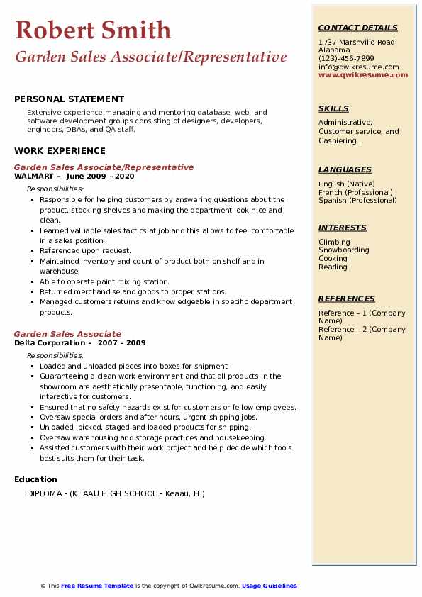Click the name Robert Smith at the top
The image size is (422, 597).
93,30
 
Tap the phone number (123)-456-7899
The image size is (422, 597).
346,59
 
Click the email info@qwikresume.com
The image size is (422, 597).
358,67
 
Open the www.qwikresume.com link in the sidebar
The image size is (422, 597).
363,74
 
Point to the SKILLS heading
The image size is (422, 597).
333,108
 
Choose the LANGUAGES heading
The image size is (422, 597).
345,169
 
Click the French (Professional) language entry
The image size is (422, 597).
355,192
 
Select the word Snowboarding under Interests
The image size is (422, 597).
343,250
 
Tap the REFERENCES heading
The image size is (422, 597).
347,298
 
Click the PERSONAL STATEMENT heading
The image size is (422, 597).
69,99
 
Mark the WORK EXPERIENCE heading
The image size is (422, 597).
60,150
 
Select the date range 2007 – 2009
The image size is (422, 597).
123,343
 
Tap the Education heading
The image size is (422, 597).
35,479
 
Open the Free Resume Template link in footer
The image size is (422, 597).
97,586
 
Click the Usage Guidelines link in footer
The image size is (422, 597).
269,586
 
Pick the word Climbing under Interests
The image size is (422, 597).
334,242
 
